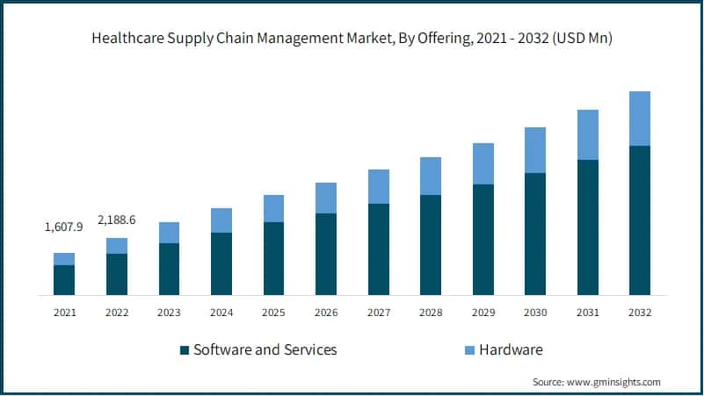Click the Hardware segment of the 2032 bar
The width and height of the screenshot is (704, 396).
click(x=639, y=119)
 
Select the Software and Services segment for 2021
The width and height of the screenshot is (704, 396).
click(x=64, y=279)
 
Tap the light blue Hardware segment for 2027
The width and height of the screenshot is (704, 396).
click(x=378, y=186)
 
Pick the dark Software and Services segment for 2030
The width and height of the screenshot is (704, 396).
click(x=534, y=234)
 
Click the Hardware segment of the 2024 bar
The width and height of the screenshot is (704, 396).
click(x=221, y=220)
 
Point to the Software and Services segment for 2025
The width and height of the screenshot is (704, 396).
click(x=273, y=258)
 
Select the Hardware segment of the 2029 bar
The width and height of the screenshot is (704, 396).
click(x=483, y=163)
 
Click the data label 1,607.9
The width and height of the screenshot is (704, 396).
click(x=63, y=227)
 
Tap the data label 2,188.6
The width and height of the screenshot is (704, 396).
click(x=116, y=219)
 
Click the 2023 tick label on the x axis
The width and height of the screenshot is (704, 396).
click(x=169, y=312)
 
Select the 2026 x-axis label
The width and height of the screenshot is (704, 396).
click(x=326, y=312)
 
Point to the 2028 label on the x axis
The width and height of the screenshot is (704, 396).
click(x=431, y=312)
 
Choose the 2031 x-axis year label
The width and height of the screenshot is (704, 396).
click(x=587, y=312)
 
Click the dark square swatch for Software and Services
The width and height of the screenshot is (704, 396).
click(x=185, y=350)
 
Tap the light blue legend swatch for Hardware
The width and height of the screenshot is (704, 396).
click(x=469, y=350)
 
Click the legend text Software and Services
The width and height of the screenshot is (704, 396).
click(x=265, y=349)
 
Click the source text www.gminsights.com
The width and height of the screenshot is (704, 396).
click(x=614, y=382)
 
